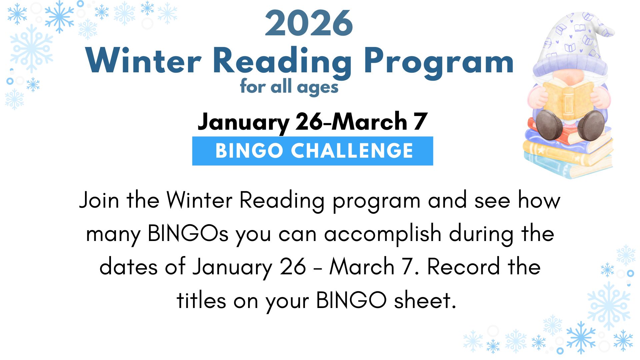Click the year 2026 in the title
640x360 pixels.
[x=309, y=23]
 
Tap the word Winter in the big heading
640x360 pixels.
[x=144, y=61]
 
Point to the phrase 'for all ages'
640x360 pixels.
[x=289, y=87]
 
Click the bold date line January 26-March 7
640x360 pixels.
[x=312, y=122]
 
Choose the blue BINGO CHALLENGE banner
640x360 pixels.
[x=313, y=151]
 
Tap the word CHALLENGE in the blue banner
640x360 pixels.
[x=352, y=151]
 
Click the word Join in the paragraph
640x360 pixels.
[x=99, y=200]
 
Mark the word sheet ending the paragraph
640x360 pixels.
[x=425, y=300]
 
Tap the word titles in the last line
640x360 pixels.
[x=201, y=300]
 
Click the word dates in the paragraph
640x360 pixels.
[x=128, y=267]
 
